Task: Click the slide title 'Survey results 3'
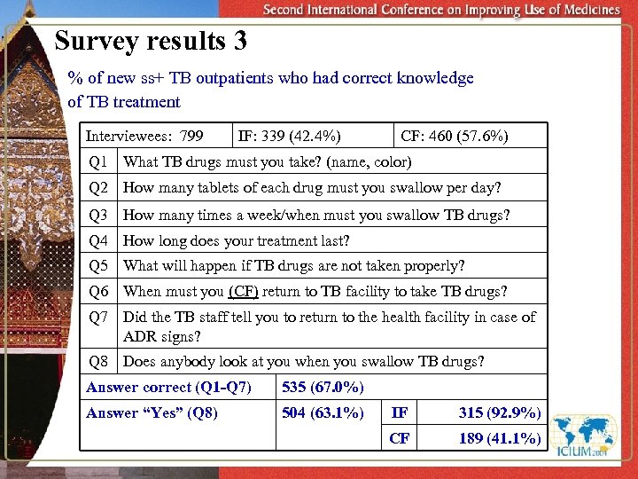[x=151, y=41]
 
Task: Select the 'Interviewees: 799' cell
[x=144, y=136]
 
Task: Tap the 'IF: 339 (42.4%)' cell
[x=290, y=136]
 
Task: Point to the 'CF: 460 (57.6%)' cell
[x=454, y=136]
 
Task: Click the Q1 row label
[x=98, y=161]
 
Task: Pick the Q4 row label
[x=98, y=240]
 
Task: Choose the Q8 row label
[x=98, y=361]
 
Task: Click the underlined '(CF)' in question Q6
[x=243, y=291]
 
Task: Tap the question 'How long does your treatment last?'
[x=236, y=240]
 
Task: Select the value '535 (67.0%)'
[x=323, y=387]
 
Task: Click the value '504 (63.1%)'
[x=323, y=412]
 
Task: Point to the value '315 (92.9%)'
[x=500, y=412]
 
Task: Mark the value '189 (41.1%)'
[x=500, y=438]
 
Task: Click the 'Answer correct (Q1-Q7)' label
[x=168, y=387]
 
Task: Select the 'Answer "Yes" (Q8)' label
[x=152, y=412]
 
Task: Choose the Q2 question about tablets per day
[x=312, y=188]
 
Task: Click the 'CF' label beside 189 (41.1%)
[x=400, y=438]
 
